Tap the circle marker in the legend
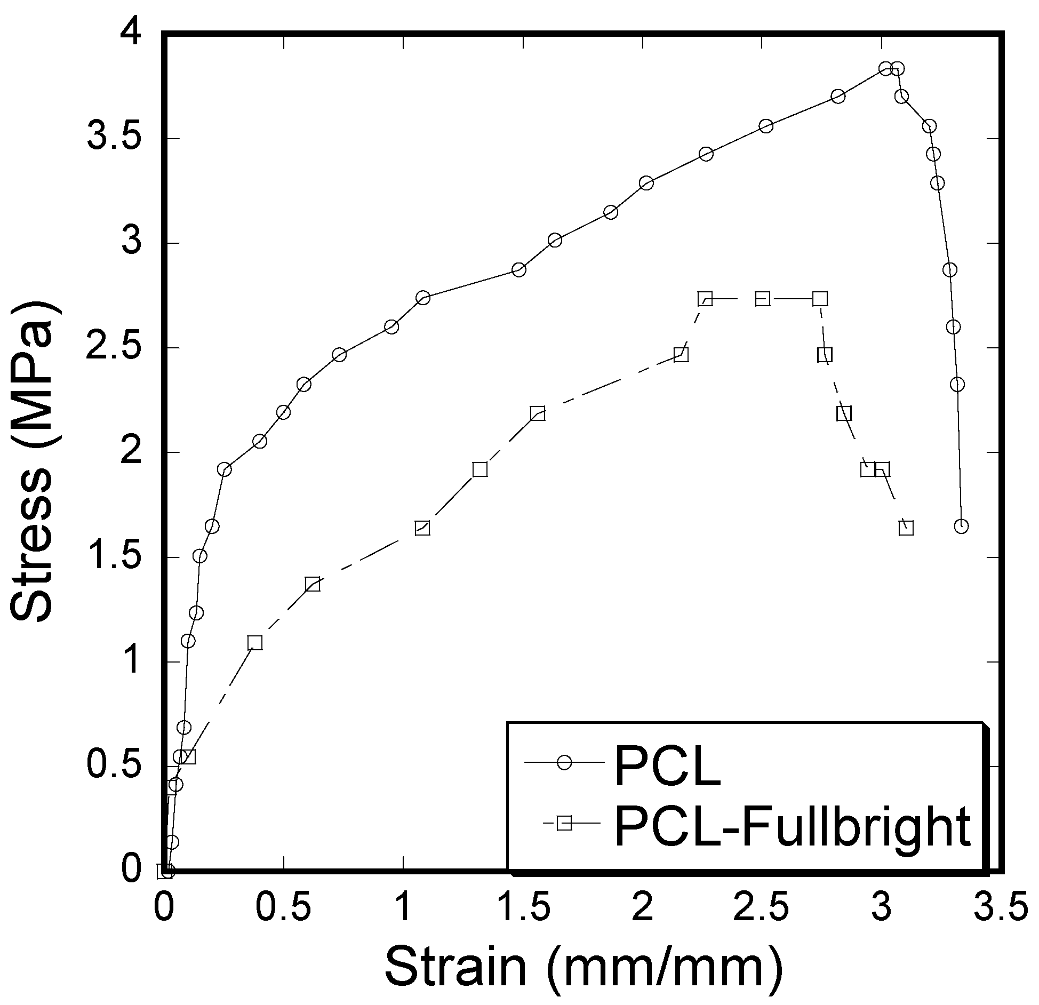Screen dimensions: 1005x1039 point(564,762)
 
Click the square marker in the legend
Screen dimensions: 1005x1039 point(564,823)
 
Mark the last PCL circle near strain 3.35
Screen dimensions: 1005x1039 point(961,527)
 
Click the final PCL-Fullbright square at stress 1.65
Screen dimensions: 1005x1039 point(906,528)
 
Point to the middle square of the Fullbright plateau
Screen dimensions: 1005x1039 point(763,299)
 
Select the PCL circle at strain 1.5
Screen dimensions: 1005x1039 point(518,270)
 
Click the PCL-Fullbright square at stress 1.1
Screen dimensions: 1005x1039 point(255,643)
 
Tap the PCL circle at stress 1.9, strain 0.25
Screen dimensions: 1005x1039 point(225,469)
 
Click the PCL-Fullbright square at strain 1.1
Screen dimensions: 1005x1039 point(422,528)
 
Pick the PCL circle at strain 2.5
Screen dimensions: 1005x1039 point(766,126)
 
